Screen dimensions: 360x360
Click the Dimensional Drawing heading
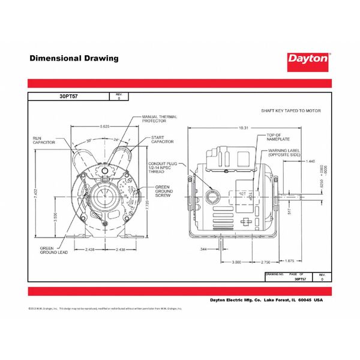[74, 59]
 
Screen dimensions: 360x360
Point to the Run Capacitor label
[44, 140]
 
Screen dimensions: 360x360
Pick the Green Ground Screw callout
[164, 191]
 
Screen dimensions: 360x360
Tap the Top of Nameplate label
[278, 137]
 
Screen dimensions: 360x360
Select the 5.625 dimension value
[104, 126]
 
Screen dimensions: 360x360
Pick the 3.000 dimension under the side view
[236, 262]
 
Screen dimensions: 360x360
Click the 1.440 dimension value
[310, 161]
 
